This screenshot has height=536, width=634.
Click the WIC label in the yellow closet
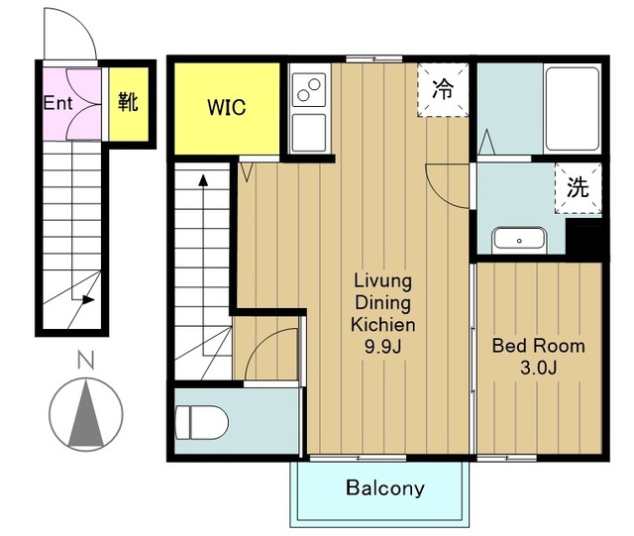(227, 108)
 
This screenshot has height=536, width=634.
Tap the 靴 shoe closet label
(128, 101)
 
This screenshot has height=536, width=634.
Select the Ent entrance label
(57, 103)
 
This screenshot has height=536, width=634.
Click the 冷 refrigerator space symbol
(443, 90)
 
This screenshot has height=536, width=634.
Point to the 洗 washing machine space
(578, 187)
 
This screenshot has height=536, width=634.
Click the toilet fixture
(202, 422)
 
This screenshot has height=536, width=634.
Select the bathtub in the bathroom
(573, 109)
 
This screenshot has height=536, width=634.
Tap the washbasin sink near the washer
(519, 241)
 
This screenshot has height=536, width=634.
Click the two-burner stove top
(309, 90)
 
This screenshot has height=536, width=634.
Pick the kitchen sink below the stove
(309, 133)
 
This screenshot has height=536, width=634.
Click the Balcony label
(385, 487)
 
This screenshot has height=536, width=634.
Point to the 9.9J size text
(382, 347)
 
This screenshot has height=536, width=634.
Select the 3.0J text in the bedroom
(539, 368)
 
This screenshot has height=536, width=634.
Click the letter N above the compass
(86, 360)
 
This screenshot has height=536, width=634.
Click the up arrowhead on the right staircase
(203, 180)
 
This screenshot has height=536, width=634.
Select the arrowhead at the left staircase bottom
(88, 300)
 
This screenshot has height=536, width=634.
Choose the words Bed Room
(538, 347)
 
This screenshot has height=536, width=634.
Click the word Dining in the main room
(382, 303)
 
